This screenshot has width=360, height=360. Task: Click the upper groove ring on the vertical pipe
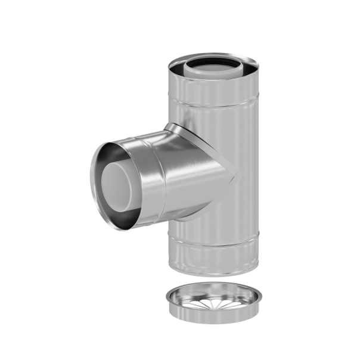coord(215,104)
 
